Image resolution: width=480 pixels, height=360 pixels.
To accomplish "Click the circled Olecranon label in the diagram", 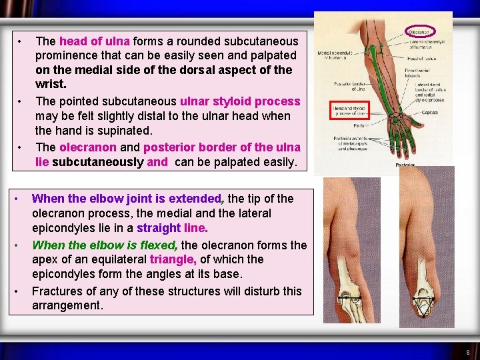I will tap(420, 31).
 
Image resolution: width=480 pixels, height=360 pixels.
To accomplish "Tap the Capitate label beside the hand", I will tap(429, 113).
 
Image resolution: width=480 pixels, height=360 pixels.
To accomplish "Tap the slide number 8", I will tap(468, 352).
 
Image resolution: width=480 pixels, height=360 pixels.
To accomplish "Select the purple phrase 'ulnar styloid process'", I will tap(240, 101).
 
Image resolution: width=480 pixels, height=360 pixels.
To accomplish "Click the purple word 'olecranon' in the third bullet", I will tap(87, 147).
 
